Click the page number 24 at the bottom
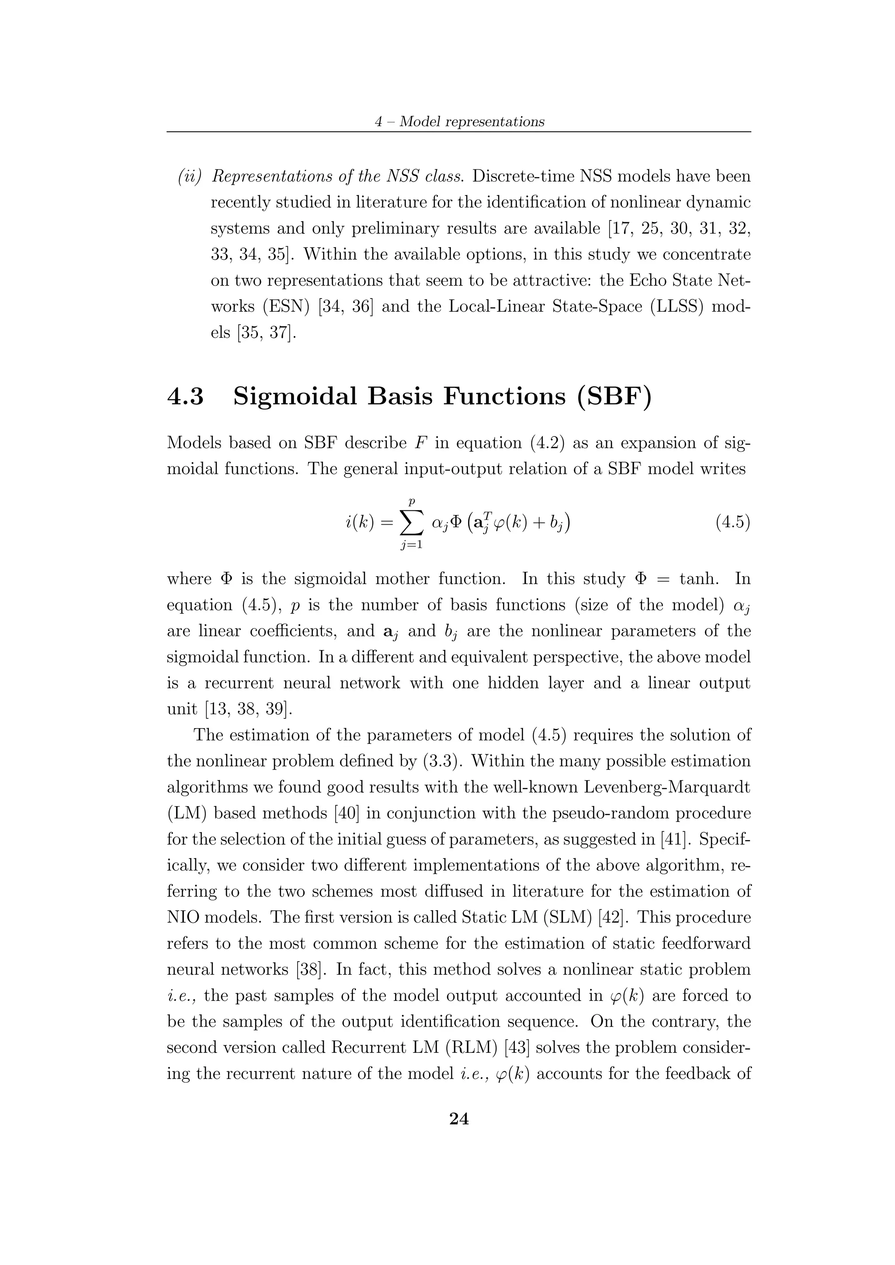pyautogui.click(x=459, y=1118)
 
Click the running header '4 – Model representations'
pyautogui.click(x=459, y=122)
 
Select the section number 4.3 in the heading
pyautogui.click(x=185, y=397)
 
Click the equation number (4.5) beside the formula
pyautogui.click(x=733, y=522)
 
